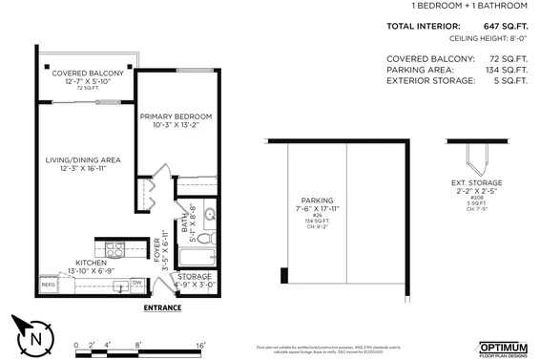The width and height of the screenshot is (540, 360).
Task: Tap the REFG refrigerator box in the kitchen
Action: (x=48, y=285)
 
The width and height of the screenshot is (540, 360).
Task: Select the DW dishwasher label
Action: (x=136, y=283)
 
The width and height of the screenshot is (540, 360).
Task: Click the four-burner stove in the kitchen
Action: (x=114, y=251)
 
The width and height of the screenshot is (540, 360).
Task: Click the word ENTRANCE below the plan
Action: (x=163, y=308)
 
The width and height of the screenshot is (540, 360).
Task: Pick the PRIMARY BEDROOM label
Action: (x=176, y=116)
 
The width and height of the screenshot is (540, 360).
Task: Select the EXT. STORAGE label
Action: (x=476, y=182)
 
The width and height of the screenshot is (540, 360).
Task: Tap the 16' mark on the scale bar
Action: (x=201, y=345)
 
